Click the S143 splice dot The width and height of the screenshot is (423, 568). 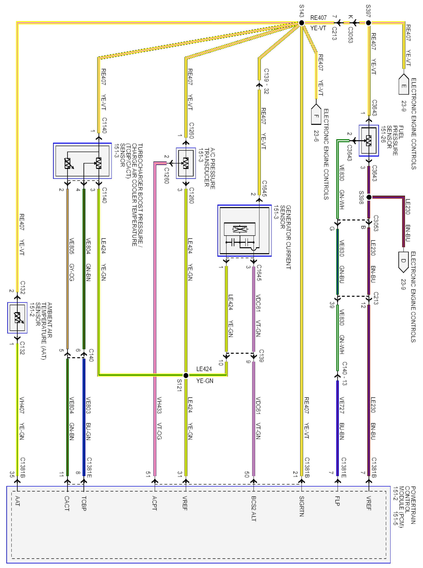[302, 23]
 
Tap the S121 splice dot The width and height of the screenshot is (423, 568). [186, 375]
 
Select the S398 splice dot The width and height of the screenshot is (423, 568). [369, 197]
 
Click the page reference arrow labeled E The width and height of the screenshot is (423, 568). [404, 85]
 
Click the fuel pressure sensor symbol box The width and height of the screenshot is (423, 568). [369, 141]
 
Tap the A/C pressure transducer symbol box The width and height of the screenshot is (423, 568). [186, 163]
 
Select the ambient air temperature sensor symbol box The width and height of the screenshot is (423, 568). [17, 317]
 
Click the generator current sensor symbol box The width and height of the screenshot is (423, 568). [244, 231]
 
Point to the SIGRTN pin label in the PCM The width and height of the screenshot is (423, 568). [302, 506]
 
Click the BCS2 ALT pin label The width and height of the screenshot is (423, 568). [253, 508]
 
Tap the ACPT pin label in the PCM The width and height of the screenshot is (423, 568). [154, 503]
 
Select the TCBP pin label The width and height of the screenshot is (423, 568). [84, 503]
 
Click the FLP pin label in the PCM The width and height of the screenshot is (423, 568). [337, 501]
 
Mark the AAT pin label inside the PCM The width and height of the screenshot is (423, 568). [17, 501]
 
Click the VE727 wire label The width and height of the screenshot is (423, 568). [342, 405]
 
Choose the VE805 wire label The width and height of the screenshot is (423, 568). [72, 246]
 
